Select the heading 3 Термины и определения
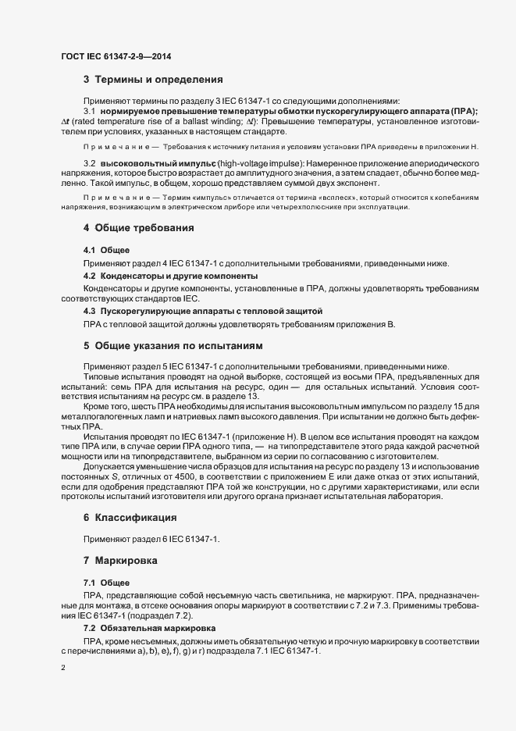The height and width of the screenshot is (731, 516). pyautogui.click(x=153, y=80)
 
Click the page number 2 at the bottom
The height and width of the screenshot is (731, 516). pyautogui.click(x=63, y=669)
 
